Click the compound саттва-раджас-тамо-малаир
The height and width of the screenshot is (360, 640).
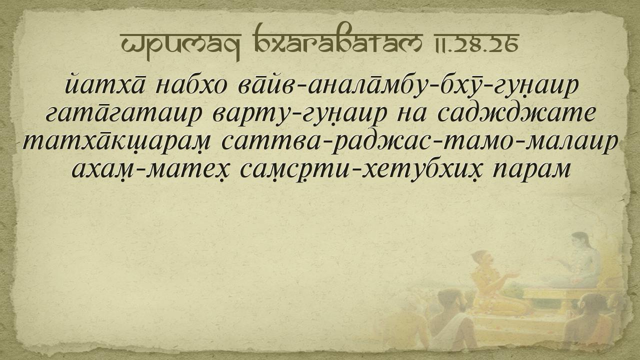click(x=419, y=143)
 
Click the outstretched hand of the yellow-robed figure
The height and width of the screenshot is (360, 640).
click(x=512, y=275)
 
